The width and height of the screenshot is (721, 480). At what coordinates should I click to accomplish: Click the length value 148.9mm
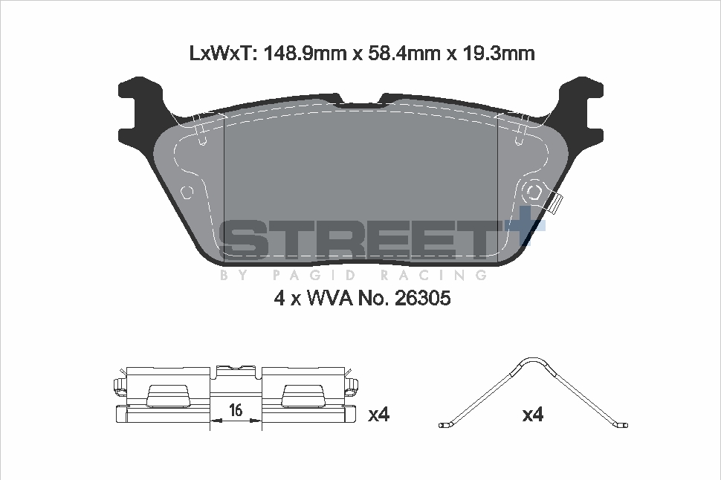(x=305, y=53)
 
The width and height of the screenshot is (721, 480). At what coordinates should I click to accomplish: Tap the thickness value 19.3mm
(x=499, y=53)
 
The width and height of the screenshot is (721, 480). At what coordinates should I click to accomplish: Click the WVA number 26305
(x=423, y=299)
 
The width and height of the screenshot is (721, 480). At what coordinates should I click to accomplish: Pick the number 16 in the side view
(x=236, y=409)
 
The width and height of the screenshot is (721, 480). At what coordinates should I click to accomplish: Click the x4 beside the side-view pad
(x=379, y=415)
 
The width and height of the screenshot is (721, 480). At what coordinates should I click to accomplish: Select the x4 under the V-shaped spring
(x=533, y=415)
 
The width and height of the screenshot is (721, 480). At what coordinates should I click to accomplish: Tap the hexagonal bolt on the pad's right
(x=534, y=191)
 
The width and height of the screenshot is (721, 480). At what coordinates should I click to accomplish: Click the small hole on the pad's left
(x=187, y=192)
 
